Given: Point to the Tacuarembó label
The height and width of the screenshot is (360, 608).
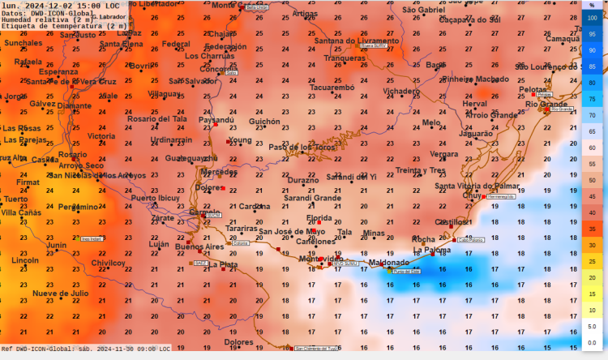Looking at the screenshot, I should tap(327, 88).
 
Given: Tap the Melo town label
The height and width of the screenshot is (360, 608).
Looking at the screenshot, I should tap(431, 122).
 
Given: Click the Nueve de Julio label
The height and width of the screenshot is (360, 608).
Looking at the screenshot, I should tap(61, 293).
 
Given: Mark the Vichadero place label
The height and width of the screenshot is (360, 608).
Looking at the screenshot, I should tap(401, 92).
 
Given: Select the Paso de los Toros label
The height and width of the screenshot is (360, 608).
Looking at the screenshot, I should tap(302, 147).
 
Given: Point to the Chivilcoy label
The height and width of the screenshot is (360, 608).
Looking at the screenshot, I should tap(109, 263).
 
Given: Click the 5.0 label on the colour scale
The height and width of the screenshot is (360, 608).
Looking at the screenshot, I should tap(593, 326).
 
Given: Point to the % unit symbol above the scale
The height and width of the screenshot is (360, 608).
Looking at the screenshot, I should tap(593, 5).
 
